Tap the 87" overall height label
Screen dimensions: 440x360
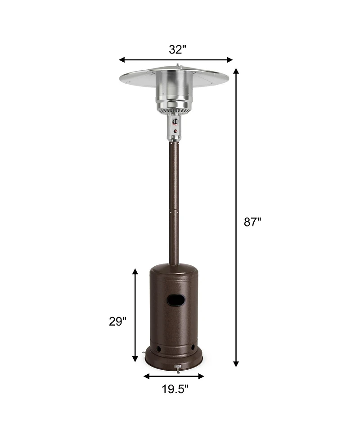pos(252,222)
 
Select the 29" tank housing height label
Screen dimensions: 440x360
pos(117,322)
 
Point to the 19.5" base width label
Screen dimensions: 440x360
pos(175,389)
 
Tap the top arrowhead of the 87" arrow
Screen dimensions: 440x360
pos(236,71)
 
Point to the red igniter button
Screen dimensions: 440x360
pos(175,132)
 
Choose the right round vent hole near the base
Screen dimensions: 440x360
pos(193,348)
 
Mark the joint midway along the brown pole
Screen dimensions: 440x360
pos(174,209)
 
